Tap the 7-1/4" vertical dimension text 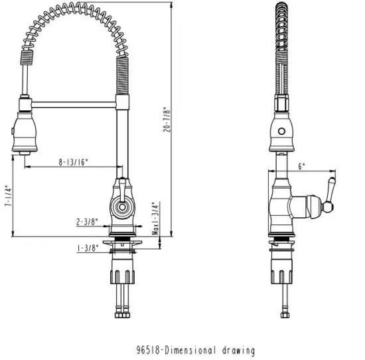coord(7,197)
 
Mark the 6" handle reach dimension coord(301,167)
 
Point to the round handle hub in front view coord(121,207)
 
